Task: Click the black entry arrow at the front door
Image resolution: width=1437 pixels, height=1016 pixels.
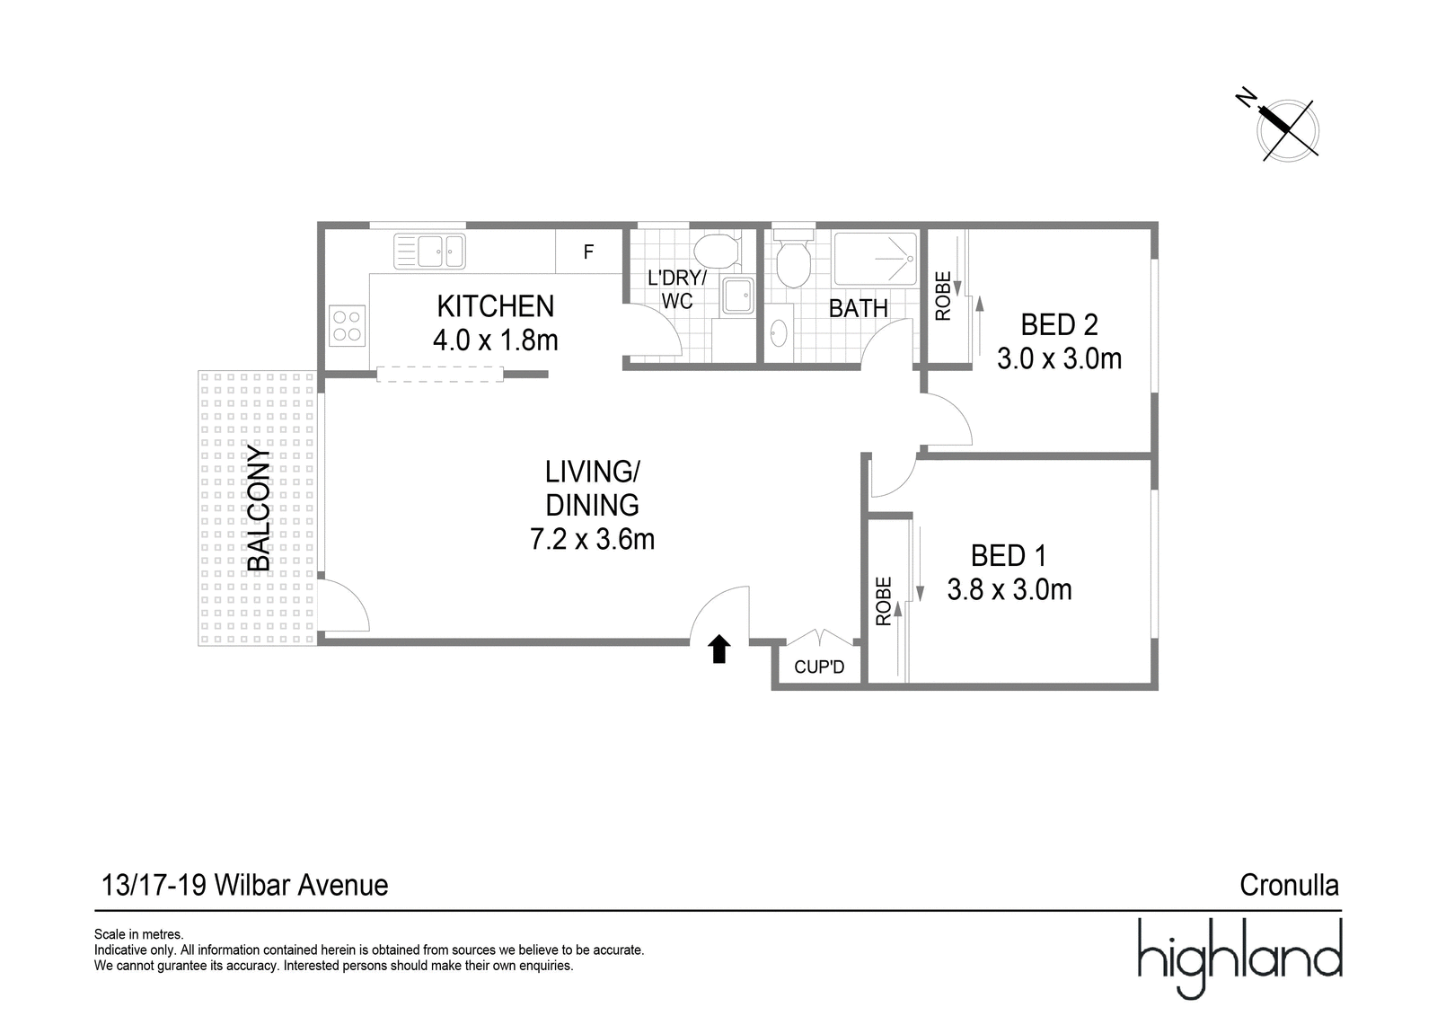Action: (719, 649)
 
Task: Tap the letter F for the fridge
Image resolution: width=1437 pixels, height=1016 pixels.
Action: (588, 252)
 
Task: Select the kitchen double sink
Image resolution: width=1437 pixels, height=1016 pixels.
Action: (429, 251)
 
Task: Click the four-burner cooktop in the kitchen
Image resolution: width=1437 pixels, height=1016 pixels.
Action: (347, 325)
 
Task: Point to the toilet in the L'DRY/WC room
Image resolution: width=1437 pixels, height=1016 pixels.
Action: (717, 251)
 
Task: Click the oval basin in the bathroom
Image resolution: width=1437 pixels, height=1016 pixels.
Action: (780, 333)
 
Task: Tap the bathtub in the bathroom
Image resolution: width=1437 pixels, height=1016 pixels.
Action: (875, 259)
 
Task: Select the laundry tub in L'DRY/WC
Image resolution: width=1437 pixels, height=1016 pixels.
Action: (737, 296)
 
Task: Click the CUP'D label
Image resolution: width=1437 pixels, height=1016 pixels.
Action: (819, 667)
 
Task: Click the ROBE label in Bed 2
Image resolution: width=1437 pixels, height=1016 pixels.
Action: (943, 296)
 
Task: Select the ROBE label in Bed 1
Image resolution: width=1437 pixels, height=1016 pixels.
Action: (884, 601)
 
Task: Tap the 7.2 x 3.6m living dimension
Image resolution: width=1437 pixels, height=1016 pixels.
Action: (592, 539)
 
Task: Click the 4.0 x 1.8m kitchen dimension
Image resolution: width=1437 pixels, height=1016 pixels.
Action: (495, 340)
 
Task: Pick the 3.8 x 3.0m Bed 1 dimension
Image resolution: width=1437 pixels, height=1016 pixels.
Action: (1009, 589)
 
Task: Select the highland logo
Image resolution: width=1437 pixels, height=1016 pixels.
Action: (1239, 959)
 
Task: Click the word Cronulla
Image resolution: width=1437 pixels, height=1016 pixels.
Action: (1290, 886)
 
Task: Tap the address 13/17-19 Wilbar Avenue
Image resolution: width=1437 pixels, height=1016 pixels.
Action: (245, 886)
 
